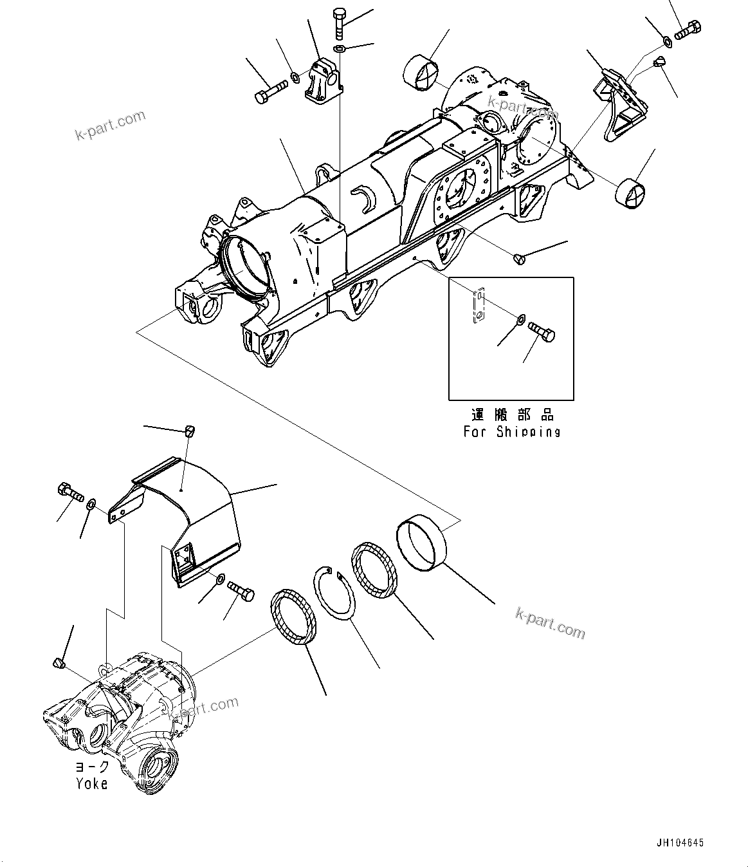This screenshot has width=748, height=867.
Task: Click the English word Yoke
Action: (x=91, y=783)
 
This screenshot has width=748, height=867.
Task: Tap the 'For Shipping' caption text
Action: (x=512, y=431)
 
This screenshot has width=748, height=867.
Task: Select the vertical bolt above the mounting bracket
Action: (x=339, y=24)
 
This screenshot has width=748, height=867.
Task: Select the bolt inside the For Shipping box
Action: (x=541, y=331)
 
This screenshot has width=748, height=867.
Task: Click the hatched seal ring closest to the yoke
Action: (x=293, y=615)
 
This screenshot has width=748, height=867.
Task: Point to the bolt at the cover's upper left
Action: (x=69, y=492)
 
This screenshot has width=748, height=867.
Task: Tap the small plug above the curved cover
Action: (x=189, y=431)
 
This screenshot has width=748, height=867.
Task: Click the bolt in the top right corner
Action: (x=688, y=30)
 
